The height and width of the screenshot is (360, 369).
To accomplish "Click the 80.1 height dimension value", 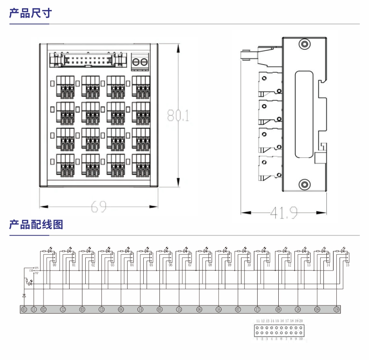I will click(178, 115).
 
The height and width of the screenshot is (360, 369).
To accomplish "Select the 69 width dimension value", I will click(99, 206).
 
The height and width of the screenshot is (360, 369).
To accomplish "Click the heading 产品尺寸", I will click(30, 13).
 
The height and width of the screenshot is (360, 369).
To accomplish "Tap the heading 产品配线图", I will click(36, 225).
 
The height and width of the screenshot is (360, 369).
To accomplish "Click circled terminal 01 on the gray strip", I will click(24, 309).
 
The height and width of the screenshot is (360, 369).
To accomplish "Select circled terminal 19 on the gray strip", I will click(336, 309).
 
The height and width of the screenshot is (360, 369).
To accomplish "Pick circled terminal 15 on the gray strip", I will click(179, 309).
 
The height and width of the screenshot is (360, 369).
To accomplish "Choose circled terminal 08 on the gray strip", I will click(278, 309).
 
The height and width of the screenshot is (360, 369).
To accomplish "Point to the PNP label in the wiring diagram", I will click(36, 273).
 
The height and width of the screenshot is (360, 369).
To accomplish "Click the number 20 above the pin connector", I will click(301, 321).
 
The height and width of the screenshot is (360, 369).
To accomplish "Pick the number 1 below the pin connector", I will click(257, 339).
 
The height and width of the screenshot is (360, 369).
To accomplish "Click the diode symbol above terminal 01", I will click(24, 295).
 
